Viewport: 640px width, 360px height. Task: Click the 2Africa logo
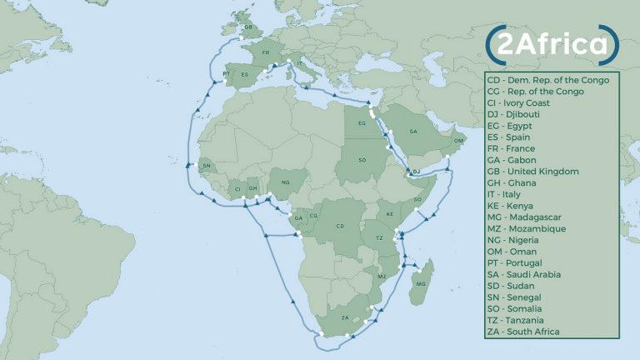552,46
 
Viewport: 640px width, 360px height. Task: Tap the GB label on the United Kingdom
248,27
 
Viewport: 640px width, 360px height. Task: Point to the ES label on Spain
244,74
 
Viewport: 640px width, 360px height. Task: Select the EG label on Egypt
362,123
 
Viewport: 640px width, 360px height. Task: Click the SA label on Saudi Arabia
412,132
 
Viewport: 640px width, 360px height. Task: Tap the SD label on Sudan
362,158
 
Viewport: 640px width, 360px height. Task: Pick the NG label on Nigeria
286,182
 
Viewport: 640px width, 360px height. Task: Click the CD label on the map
340,226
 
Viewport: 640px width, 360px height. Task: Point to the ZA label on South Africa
346,317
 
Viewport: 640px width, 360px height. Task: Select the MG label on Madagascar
420,284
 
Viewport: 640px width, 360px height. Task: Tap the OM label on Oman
457,142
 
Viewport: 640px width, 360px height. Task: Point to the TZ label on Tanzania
378,238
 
